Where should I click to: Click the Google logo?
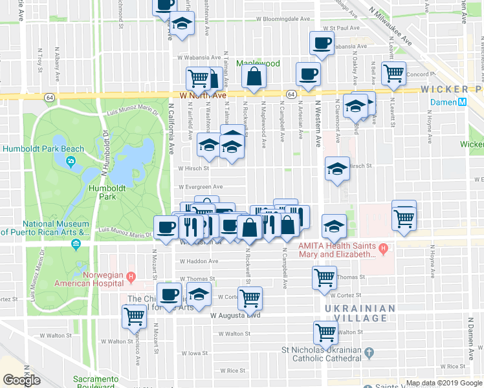click(22, 380)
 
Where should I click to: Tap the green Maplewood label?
click(258, 63)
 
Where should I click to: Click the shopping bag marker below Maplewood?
click(254, 78)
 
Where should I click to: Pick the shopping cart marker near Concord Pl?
click(393, 74)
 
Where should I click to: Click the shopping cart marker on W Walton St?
click(325, 333)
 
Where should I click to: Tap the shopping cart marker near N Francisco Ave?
click(134, 317)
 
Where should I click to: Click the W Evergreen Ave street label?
click(200, 187)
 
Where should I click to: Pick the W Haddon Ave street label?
click(199, 261)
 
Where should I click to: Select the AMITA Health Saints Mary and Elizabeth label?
click(336, 250)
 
